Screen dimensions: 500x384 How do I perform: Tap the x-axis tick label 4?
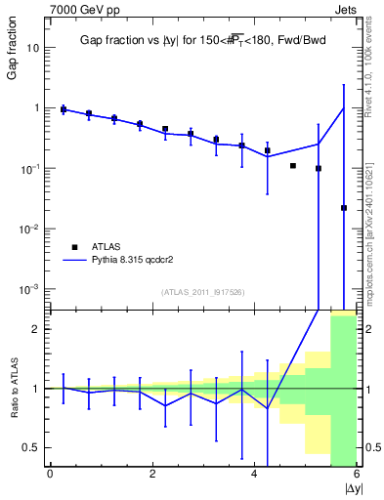[x=254, y=475]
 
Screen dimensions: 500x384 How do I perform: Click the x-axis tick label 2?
[x=152, y=475]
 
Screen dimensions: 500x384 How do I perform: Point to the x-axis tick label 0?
[x=50, y=475]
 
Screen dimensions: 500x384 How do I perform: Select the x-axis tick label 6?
[x=357, y=475]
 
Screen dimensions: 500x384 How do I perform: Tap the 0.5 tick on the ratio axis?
[x=30, y=447]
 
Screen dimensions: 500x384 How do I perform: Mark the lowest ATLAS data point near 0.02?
[x=344, y=208]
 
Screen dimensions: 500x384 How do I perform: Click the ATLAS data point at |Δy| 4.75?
[x=293, y=166]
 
